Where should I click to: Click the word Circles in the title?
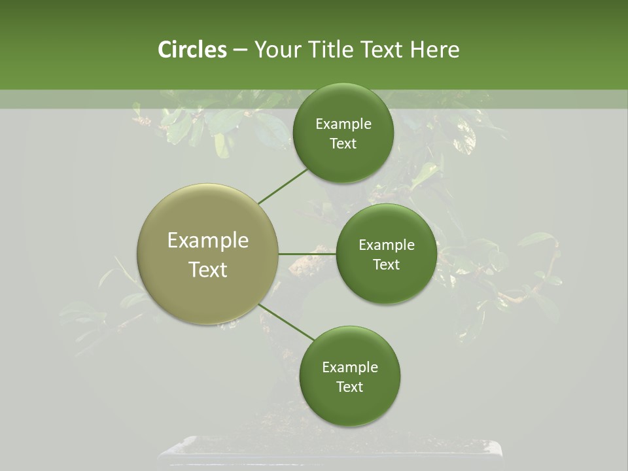192,50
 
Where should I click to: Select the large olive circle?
208,254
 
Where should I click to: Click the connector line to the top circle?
283,186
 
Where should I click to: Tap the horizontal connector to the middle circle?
307,254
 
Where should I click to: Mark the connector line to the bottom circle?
287,323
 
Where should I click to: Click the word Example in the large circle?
208,241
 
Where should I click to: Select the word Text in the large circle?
208,270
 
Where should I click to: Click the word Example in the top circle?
343,124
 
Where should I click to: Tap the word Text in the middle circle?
387,264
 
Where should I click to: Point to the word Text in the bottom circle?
350,387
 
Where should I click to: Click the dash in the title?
240,50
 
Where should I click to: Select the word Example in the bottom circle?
350,368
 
